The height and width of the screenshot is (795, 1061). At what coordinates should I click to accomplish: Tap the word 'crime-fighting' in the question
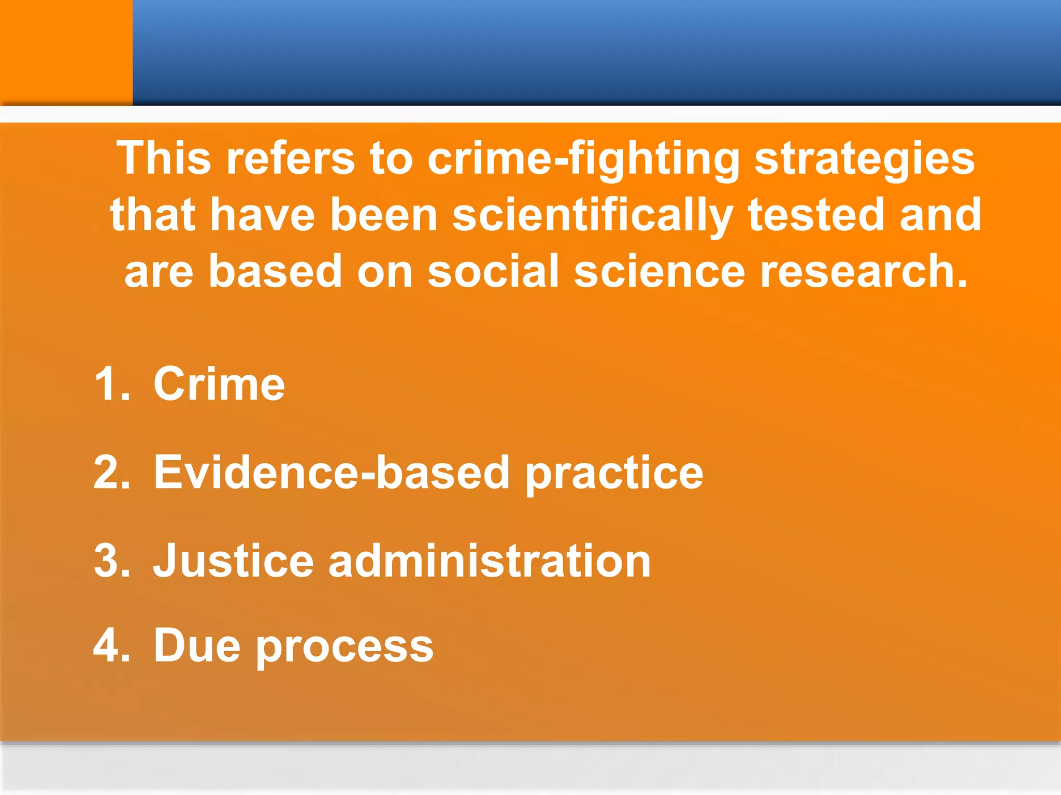584,158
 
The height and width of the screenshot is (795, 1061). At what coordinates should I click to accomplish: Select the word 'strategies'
865,158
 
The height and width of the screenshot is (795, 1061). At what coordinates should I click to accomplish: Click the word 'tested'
815,215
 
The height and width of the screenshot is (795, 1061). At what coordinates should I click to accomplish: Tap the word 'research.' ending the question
864,271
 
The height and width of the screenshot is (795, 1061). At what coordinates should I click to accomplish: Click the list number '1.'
112,384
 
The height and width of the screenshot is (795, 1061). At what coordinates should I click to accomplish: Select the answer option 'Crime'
219,384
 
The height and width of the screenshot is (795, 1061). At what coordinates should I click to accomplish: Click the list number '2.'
112,472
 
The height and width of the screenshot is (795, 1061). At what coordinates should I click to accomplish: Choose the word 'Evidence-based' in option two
332,472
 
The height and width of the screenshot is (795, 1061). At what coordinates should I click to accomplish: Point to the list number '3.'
112,561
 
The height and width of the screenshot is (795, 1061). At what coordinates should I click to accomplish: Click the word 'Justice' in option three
233,561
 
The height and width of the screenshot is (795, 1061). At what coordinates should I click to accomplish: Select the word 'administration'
490,561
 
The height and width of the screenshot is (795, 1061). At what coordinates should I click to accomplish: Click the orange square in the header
66,52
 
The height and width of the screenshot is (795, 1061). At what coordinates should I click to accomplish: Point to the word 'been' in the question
384,215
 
